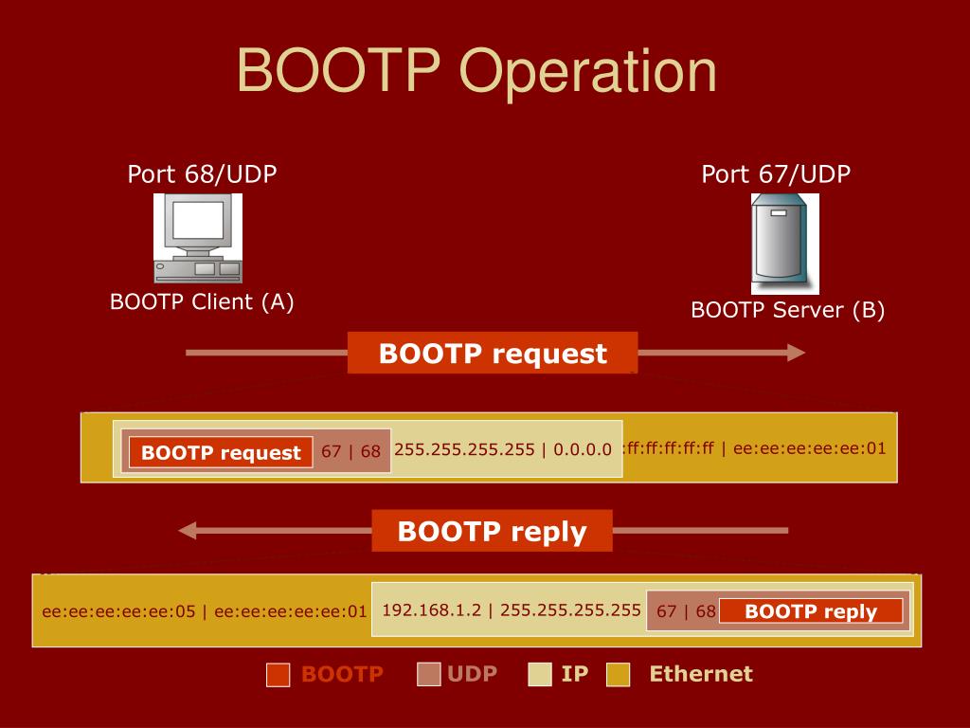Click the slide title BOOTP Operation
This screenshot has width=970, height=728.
tap(476, 73)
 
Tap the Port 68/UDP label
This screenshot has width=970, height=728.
tap(202, 174)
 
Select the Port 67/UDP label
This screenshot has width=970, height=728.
tap(776, 174)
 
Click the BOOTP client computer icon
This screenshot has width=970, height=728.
tap(197, 238)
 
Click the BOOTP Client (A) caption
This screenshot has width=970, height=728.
tap(202, 302)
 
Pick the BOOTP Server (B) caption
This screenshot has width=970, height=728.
tap(787, 310)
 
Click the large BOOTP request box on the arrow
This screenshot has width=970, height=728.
tap(493, 354)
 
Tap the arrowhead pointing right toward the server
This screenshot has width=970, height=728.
tap(795, 354)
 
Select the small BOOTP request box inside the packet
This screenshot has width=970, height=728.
tap(221, 453)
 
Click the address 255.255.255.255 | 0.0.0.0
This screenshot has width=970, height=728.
tap(503, 449)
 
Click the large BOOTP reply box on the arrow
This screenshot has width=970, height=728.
tap(492, 531)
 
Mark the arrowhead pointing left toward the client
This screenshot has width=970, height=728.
tap(189, 531)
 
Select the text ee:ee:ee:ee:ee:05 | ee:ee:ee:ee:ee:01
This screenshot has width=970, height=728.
tap(204, 611)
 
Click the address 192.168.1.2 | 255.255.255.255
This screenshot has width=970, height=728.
tap(512, 610)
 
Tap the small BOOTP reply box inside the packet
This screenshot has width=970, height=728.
tap(811, 611)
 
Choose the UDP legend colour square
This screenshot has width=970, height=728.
tap(429, 675)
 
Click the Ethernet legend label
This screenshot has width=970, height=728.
tap(700, 674)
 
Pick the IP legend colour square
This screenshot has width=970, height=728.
tap(540, 675)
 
